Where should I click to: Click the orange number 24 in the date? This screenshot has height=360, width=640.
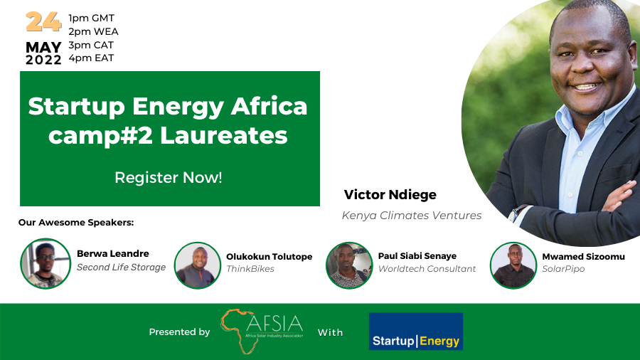click(43, 22)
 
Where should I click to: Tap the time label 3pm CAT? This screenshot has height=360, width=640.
click(91, 45)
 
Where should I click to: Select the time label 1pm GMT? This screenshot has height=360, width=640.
click(92, 18)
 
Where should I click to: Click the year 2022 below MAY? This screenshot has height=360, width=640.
click(43, 60)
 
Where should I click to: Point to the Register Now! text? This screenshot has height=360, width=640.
click(168, 178)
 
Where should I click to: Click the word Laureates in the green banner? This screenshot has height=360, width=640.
click(224, 135)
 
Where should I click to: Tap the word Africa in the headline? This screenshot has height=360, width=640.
click(269, 106)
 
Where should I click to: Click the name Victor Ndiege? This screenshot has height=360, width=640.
click(390, 195)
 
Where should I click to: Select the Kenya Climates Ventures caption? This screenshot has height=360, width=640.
click(412, 216)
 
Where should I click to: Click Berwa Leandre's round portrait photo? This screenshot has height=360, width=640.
click(46, 263)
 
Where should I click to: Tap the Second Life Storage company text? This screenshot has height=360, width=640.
click(121, 268)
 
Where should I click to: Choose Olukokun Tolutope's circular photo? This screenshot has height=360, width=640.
click(198, 265)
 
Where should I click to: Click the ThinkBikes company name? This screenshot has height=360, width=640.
click(250, 269)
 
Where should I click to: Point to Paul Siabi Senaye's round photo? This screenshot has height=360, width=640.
click(349, 265)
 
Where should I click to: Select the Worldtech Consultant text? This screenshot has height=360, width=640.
click(427, 269)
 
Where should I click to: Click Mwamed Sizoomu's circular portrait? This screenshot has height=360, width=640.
click(513, 265)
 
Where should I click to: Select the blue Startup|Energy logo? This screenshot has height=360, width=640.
click(416, 332)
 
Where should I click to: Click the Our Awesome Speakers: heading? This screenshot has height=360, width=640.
click(76, 223)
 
